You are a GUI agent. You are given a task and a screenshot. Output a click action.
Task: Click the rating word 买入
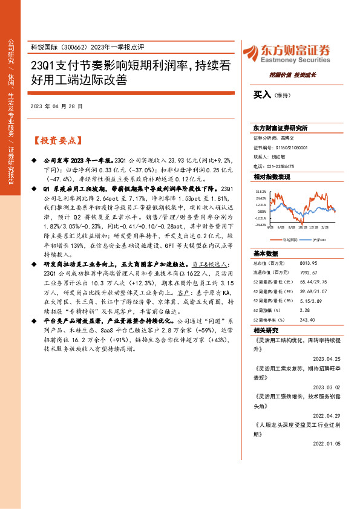click(x=262, y=95)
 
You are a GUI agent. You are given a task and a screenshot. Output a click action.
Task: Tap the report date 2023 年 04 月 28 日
click(x=56, y=106)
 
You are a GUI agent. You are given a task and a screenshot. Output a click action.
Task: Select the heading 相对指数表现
click(x=272, y=177)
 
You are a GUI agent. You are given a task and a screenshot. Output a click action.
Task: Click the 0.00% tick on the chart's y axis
click(x=261, y=212)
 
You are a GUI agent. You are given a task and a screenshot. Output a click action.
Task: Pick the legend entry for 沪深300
click(x=317, y=239)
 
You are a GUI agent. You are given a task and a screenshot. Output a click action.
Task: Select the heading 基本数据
click(x=266, y=253)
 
